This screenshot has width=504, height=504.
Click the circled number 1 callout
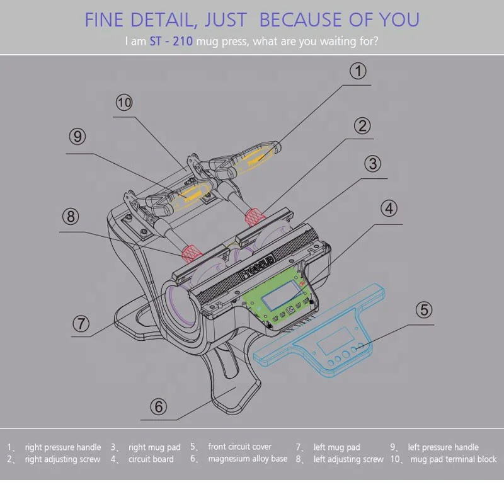tap(358, 71)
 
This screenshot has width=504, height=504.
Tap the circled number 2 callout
tap(362, 125)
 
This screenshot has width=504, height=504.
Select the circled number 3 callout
tap(373, 164)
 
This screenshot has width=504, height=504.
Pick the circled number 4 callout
tap(389, 208)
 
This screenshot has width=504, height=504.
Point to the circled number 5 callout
tap(424, 310)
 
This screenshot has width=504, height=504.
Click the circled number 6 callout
tap(159, 406)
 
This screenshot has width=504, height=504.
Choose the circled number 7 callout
tap(81, 323)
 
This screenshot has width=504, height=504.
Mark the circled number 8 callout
tap(71, 217)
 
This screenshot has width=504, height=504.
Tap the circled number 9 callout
tap(77, 136)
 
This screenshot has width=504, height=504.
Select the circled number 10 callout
tap(124, 102)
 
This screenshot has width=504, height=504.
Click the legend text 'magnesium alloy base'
tap(248, 459)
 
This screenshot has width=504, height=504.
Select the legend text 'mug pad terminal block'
tap(454, 459)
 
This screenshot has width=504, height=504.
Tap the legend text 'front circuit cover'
tap(240, 447)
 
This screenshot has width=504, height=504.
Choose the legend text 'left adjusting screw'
tap(348, 459)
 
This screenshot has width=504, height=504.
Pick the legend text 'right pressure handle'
tap(63, 447)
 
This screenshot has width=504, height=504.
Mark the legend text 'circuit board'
tap(151, 459)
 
